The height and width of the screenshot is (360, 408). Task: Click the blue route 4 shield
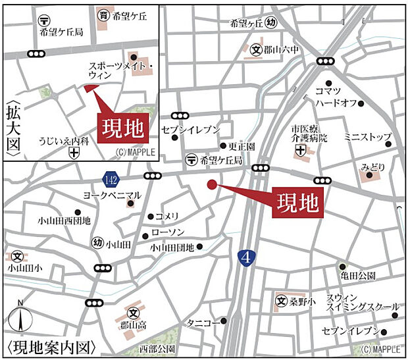point(245,256)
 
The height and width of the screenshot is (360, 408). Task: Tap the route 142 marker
point(111,178)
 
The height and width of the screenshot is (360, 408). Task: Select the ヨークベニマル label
point(113,195)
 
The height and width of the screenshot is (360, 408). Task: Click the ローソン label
point(168,232)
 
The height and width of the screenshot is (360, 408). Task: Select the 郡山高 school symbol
point(134,313)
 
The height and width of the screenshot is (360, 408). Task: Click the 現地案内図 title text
point(52,346)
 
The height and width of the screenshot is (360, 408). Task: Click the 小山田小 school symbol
point(18,254)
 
